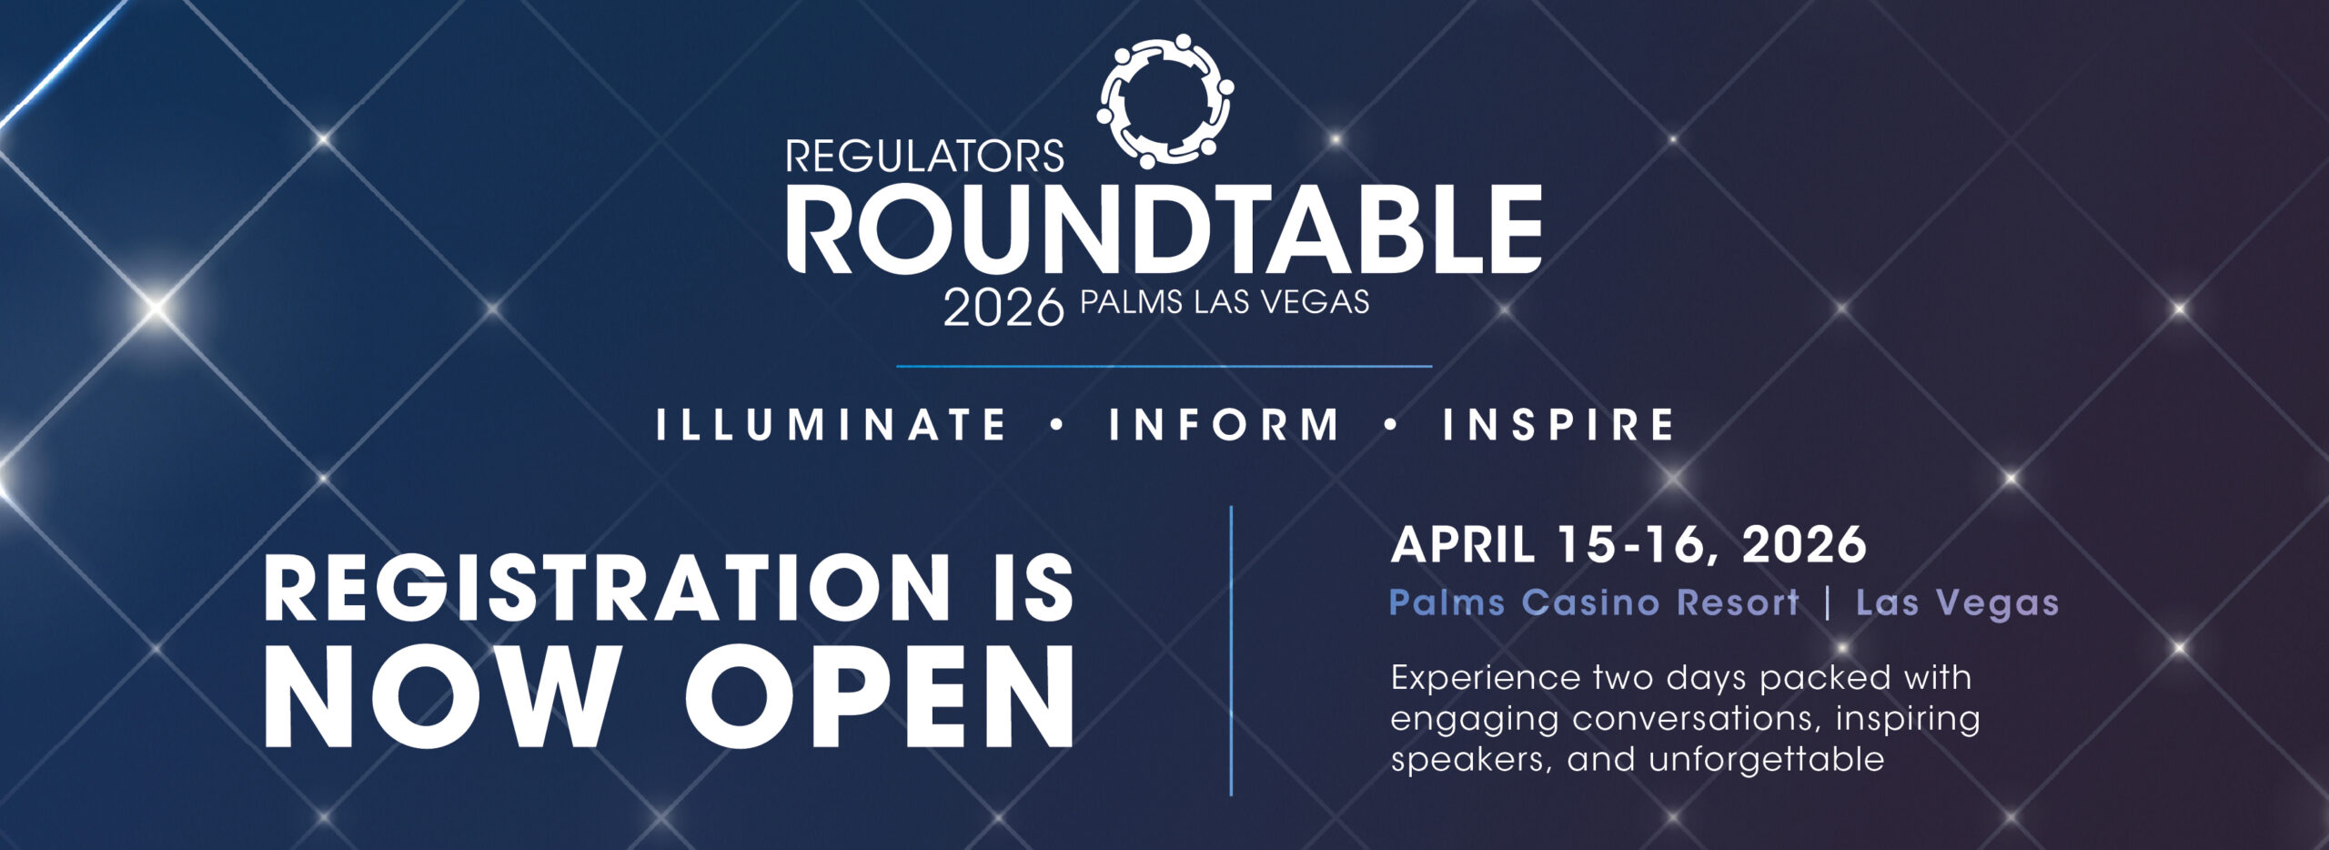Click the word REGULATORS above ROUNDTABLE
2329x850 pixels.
(x=924, y=157)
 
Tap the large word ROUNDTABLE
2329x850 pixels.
(x=1164, y=228)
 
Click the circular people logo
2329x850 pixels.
(x=1165, y=101)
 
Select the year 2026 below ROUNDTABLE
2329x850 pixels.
(x=1003, y=308)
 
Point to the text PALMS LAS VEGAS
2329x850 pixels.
(x=1225, y=302)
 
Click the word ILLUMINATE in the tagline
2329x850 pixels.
(x=832, y=425)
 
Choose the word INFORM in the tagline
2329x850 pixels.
(x=1224, y=425)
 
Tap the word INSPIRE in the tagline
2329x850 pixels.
(x=1558, y=425)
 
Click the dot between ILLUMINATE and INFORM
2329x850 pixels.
(x=1057, y=424)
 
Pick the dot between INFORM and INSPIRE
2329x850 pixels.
(x=1391, y=424)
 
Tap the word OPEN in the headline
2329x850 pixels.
(x=880, y=696)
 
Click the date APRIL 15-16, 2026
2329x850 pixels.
(x=1628, y=545)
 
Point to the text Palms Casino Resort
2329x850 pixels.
(x=1595, y=602)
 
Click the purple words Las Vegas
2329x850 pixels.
(x=1957, y=602)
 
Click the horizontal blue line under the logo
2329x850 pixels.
(x=1164, y=367)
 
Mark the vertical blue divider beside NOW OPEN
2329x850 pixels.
(x=1231, y=651)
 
